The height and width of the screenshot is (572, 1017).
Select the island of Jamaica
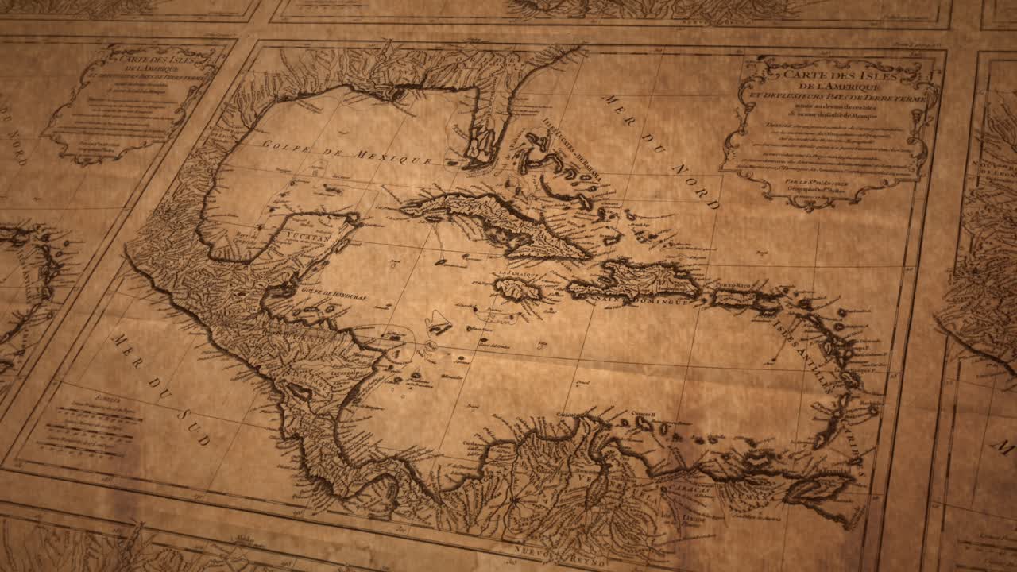click(x=516, y=288)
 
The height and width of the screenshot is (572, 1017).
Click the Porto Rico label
click(x=733, y=284)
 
